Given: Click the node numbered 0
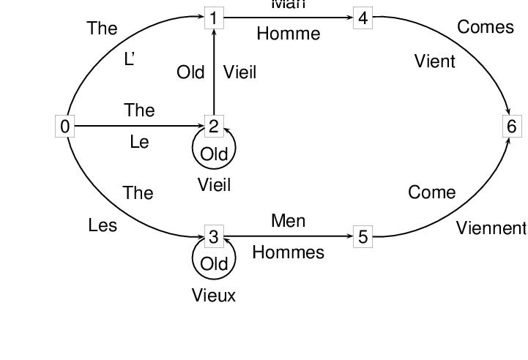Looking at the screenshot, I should (x=65, y=127).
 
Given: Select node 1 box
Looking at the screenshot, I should (x=213, y=18).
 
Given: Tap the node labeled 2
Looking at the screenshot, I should (x=213, y=127).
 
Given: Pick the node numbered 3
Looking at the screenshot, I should (x=213, y=236).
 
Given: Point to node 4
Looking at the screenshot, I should (x=362, y=18).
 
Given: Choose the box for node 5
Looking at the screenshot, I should (x=362, y=236).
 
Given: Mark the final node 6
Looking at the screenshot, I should (x=511, y=127).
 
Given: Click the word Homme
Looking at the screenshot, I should (x=289, y=34).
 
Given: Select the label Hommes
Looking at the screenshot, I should (x=288, y=252).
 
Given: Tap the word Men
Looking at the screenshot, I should (x=288, y=221).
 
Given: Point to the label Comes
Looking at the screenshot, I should (x=486, y=27).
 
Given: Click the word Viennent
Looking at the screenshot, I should (x=491, y=228).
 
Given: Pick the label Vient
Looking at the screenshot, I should (x=435, y=61).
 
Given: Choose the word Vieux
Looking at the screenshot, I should (x=214, y=296).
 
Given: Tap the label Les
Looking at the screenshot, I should (x=103, y=225).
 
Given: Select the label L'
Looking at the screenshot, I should (x=130, y=59).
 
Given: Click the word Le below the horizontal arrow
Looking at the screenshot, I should (x=139, y=142).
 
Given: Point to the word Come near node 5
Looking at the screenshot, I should (x=432, y=192).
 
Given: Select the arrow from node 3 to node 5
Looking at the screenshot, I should (x=293, y=236).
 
